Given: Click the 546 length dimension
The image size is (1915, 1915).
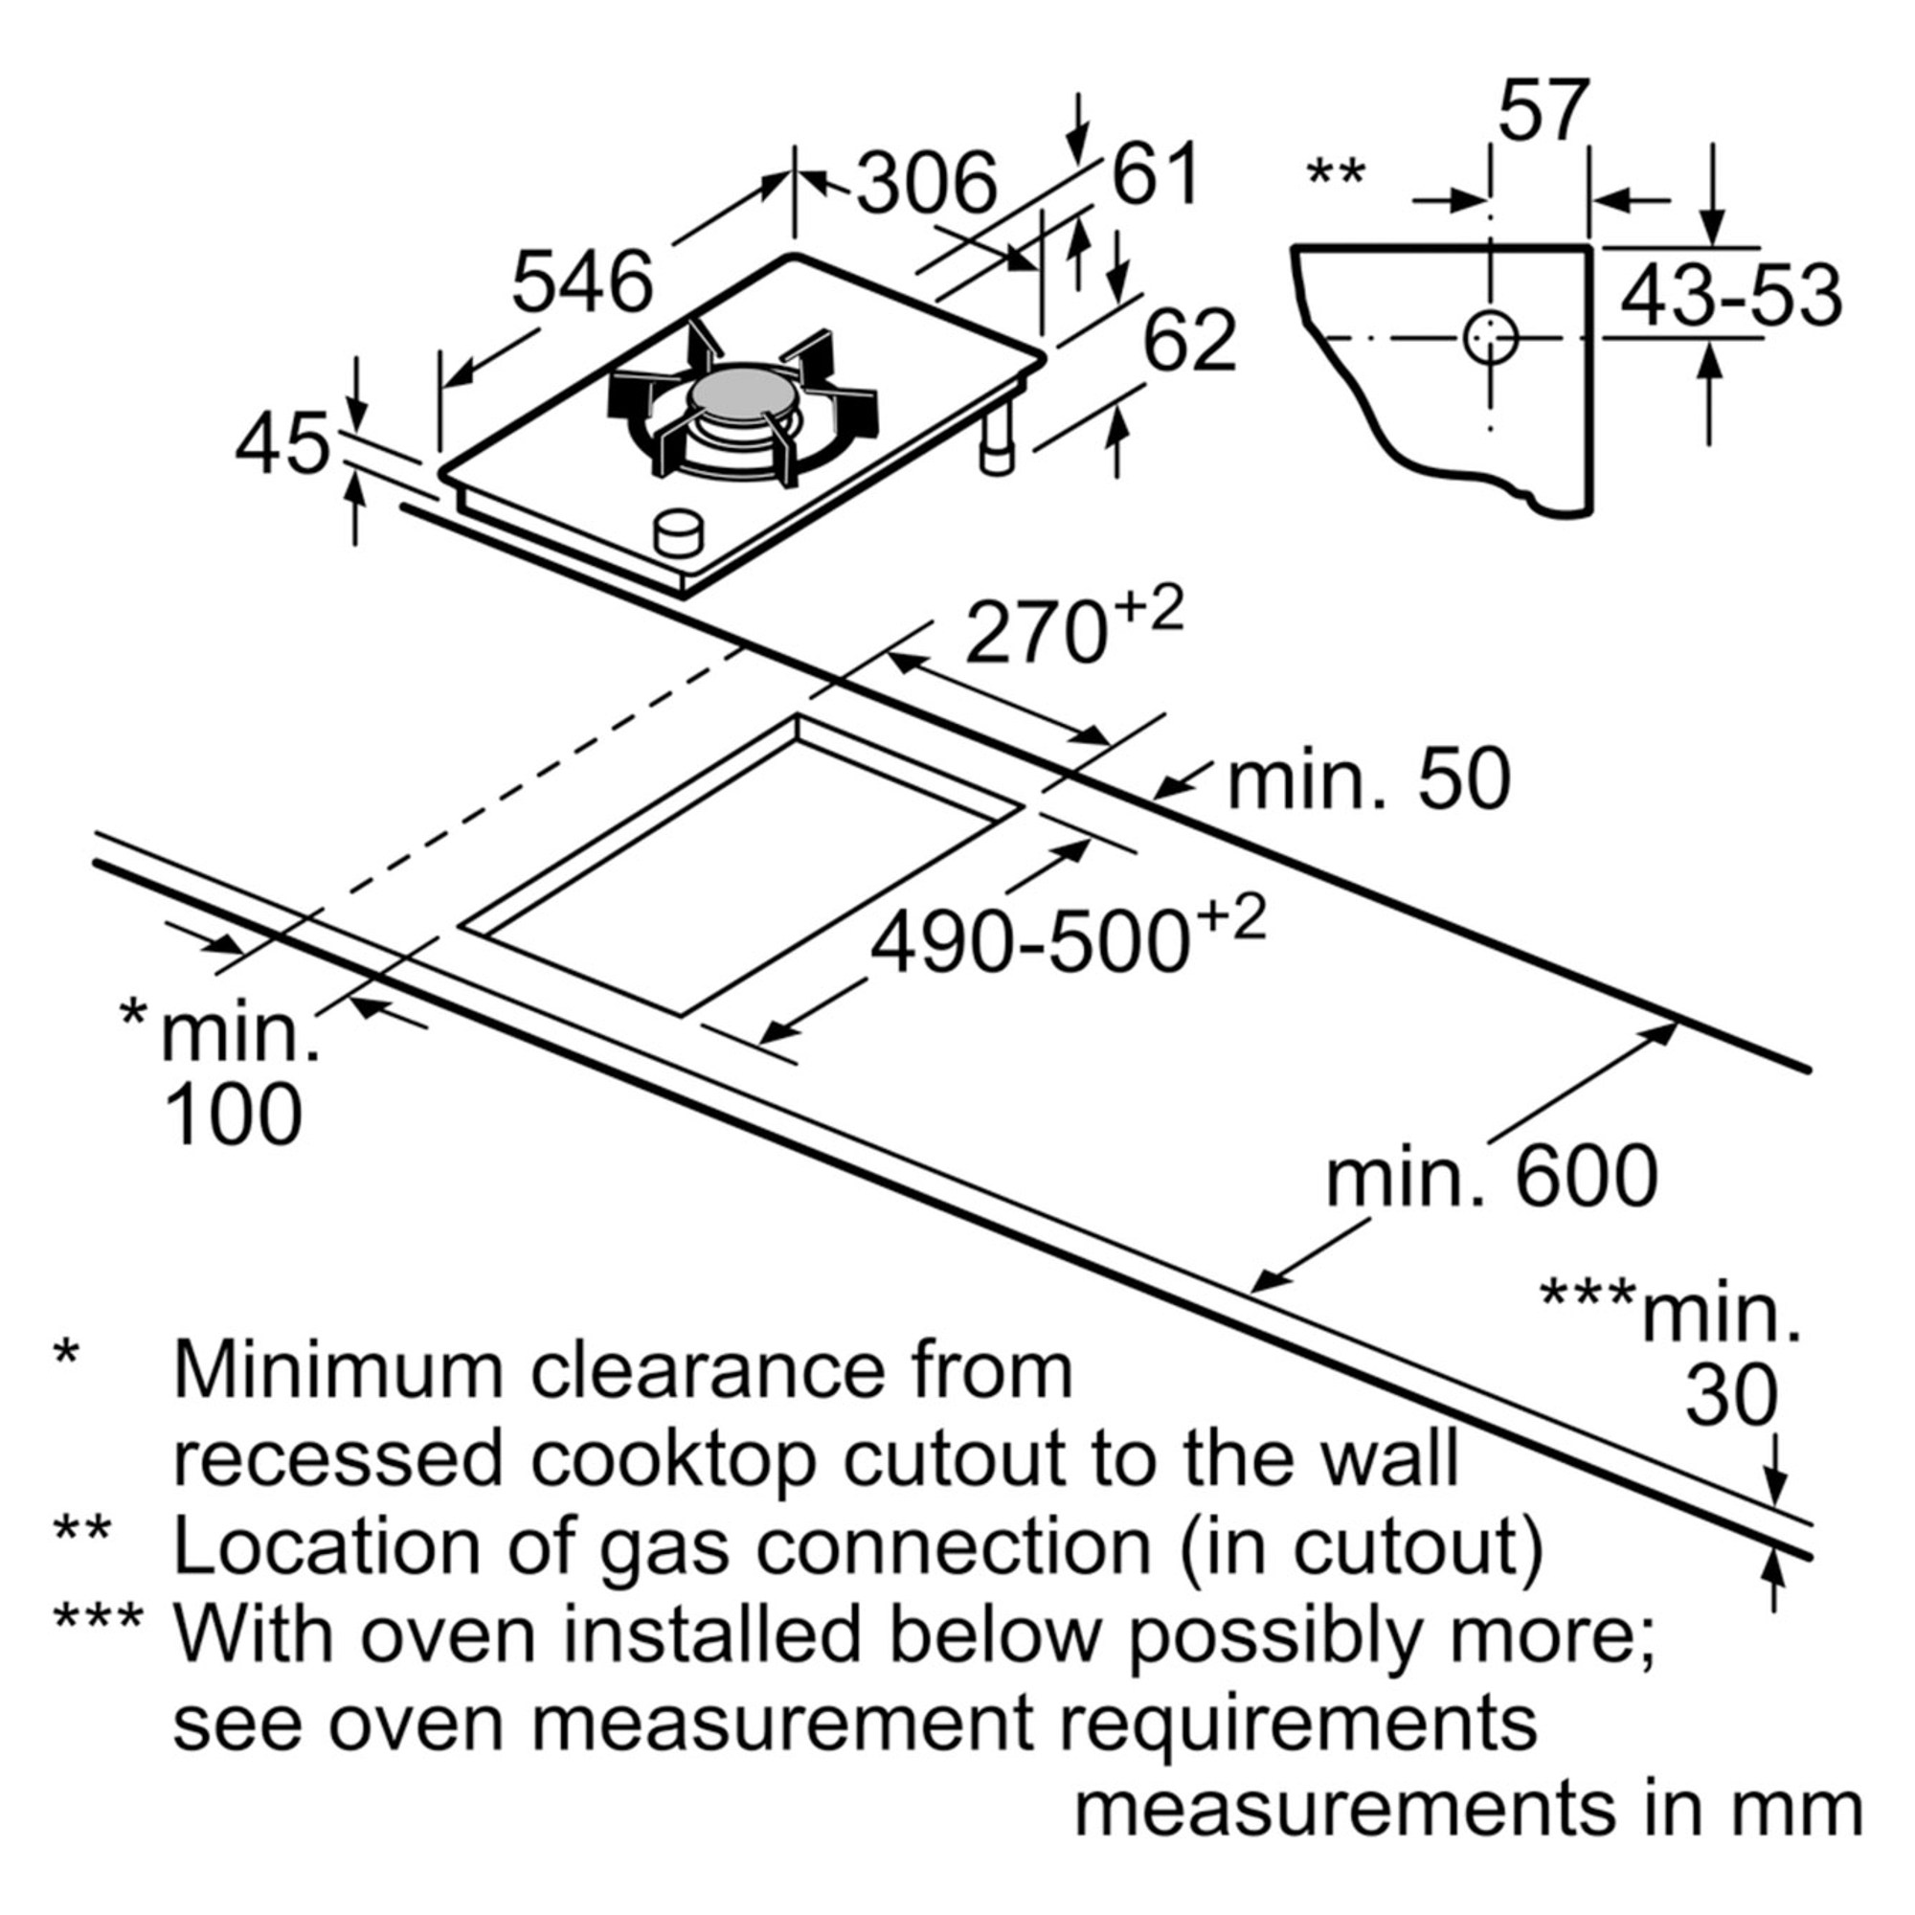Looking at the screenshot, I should [x=583, y=282].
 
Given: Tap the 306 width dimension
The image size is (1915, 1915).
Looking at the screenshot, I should [x=927, y=184].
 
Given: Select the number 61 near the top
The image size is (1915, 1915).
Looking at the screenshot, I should [x=1156, y=174].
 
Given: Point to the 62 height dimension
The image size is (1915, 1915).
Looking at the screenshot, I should [x=1189, y=340].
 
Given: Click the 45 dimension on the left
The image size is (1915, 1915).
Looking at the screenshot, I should [x=282, y=443].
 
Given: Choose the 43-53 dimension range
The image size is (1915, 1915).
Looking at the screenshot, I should [x=1730, y=295].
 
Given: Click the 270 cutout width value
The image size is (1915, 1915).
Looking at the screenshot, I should [x=1036, y=633].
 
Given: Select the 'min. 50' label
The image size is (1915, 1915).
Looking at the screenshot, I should [x=1369, y=781].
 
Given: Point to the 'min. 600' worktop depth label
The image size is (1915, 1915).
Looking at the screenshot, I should [x=1492, y=1178].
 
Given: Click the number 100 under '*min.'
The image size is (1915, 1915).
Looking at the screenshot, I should [x=234, y=1115].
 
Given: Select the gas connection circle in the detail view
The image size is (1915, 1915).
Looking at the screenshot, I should [x=1490, y=339].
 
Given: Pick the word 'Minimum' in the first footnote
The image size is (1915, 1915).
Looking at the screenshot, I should [x=342, y=1371].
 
